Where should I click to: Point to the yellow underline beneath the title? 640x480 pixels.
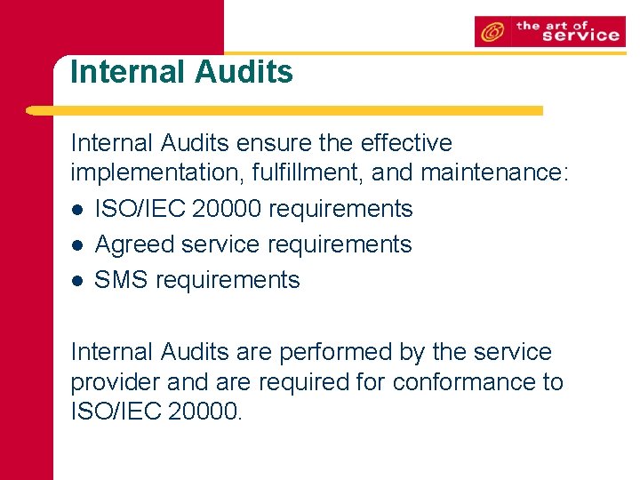pos(284,110)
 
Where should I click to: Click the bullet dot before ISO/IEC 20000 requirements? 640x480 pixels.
pos(78,210)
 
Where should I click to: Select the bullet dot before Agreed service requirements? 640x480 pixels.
pos(78,245)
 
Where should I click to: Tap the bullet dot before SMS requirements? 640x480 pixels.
pos(78,281)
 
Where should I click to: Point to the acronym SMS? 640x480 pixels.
pos(122,280)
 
